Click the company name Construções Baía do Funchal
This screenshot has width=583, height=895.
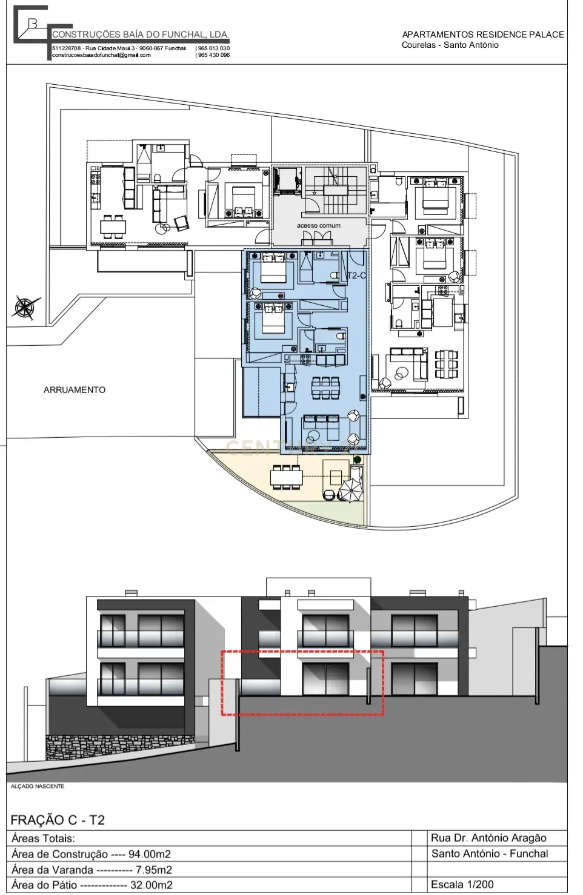(141, 35)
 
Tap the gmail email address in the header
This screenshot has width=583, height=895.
(101, 55)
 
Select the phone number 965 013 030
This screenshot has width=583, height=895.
(213, 48)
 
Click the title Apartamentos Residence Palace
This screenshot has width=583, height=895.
(483, 35)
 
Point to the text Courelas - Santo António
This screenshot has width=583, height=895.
(450, 45)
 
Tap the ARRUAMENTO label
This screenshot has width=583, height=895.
(75, 390)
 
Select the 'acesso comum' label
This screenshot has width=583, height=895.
(318, 225)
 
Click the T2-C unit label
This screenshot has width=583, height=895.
(356, 276)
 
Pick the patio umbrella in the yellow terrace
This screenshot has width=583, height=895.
(350, 489)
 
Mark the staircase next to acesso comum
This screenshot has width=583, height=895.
(334, 190)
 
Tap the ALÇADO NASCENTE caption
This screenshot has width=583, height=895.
(38, 786)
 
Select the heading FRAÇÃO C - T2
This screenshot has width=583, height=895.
(58, 820)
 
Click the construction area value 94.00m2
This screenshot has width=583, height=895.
(150, 854)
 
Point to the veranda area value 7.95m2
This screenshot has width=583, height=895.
(154, 870)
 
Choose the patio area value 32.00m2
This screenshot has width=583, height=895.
(152, 885)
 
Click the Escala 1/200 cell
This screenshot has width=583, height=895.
(462, 884)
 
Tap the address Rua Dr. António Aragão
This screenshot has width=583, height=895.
(488, 838)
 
